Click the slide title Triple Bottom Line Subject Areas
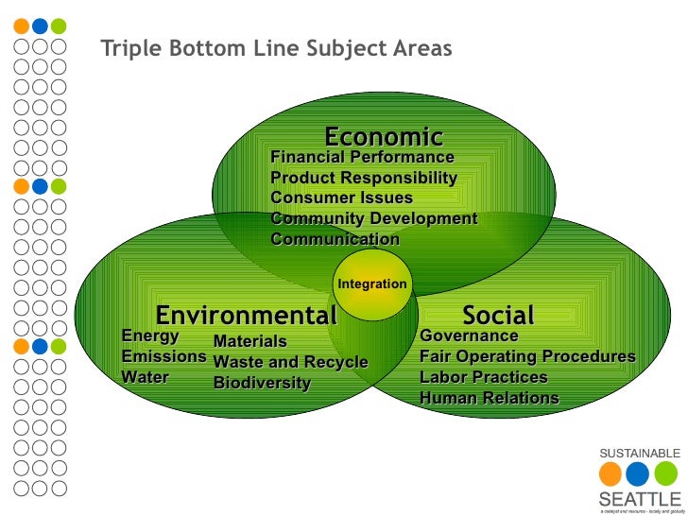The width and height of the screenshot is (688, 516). (276, 47)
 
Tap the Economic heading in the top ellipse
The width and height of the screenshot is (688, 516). (384, 137)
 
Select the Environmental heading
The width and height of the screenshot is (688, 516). (246, 315)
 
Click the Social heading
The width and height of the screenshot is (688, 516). (498, 315)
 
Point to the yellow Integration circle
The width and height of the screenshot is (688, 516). (372, 284)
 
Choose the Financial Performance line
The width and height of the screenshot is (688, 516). (362, 157)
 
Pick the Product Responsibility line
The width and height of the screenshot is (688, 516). (364, 178)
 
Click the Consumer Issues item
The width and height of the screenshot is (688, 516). (341, 198)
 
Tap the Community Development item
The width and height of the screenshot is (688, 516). (373, 219)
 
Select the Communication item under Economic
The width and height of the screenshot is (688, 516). (335, 239)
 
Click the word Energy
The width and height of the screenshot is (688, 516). (150, 335)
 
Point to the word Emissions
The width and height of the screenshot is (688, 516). (163, 356)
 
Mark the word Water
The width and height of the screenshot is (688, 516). (146, 377)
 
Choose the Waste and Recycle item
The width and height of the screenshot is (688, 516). (290, 362)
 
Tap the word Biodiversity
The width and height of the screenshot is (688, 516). (262, 383)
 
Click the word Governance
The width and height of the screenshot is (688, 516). (469, 335)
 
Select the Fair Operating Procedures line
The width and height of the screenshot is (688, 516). (527, 356)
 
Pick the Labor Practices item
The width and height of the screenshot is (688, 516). (483, 377)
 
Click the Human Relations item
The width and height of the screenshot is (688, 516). (489, 398)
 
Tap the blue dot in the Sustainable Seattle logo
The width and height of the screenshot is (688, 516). (638, 473)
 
